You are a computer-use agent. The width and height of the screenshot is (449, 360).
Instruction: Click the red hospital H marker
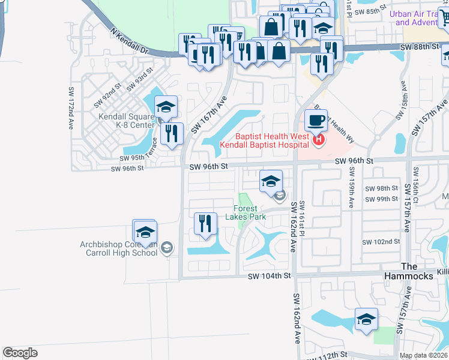pyautogui.click(x=319, y=141)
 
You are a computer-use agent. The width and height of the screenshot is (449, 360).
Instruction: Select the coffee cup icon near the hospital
pyautogui.click(x=316, y=120)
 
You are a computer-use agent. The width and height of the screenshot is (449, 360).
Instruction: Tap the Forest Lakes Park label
pyautogui.click(x=254, y=213)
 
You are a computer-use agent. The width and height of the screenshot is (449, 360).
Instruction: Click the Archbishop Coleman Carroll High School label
pyautogui.click(x=119, y=248)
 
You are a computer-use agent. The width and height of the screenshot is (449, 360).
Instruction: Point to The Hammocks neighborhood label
pyautogui.click(x=417, y=271)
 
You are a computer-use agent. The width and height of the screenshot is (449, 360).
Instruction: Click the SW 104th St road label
pyautogui.click(x=270, y=275)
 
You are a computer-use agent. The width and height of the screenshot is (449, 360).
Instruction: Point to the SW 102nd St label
pyautogui.click(x=381, y=242)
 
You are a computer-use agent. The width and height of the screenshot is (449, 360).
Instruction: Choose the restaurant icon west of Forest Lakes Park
pyautogui.click(x=205, y=224)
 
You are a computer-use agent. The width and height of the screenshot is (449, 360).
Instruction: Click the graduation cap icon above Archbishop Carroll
pyautogui.click(x=144, y=232)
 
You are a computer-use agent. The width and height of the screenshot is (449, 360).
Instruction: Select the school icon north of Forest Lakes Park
pyautogui.click(x=271, y=181)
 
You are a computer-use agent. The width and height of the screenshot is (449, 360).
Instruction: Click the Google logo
pyautogui.click(x=20, y=353)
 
